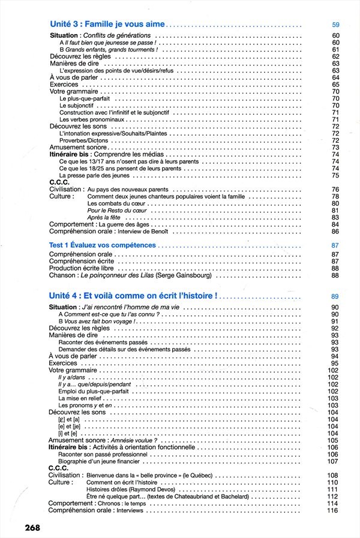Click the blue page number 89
tap(335, 296)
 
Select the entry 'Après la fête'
tap(103, 218)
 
